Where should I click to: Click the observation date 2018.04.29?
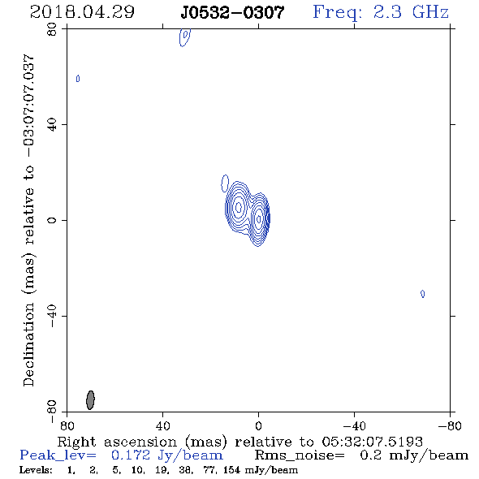point(82,12)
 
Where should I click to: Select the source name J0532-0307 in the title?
point(232,12)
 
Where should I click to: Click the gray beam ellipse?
point(90,400)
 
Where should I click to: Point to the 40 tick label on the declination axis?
point(52,125)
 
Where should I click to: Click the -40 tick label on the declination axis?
point(52,316)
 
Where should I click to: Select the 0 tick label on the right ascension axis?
point(258,425)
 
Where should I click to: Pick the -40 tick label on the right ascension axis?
point(354,425)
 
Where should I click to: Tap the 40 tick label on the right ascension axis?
point(162,425)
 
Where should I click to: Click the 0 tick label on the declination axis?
point(52,220)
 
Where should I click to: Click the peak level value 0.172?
point(131,455)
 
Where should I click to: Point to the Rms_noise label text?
point(300,455)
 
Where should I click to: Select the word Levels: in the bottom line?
point(36,470)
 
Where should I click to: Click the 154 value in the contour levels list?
point(231,470)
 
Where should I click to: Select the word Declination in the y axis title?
point(28,345)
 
